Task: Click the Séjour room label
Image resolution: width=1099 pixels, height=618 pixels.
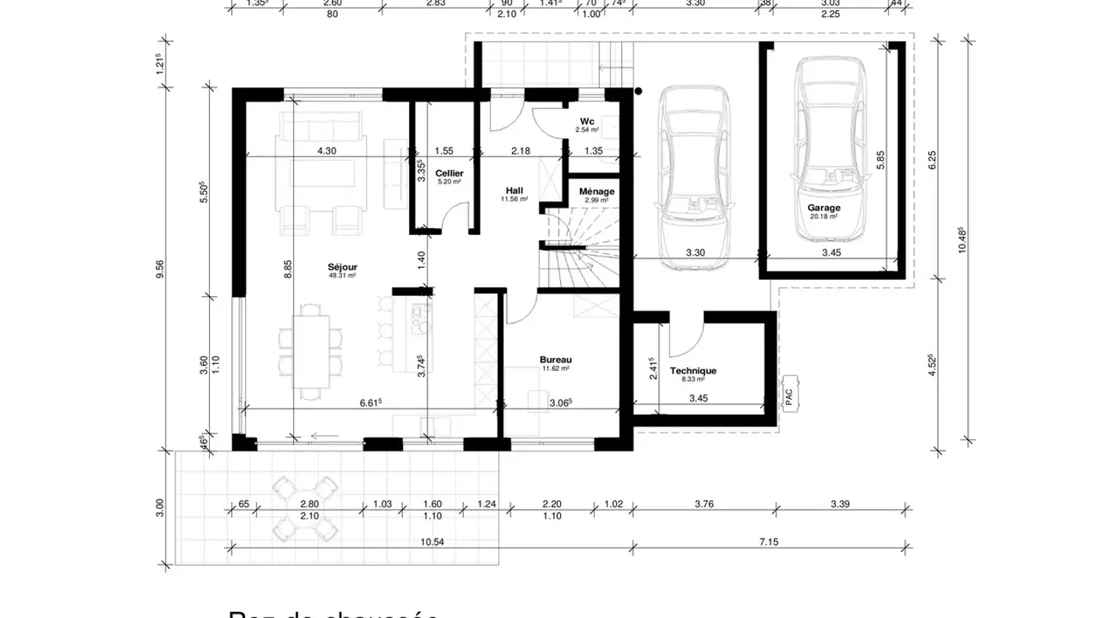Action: [x=343, y=267]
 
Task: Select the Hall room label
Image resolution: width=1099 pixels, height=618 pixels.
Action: [x=514, y=190]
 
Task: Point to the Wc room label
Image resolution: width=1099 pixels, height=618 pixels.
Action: [x=587, y=121]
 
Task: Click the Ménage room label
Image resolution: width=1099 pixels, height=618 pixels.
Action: [x=597, y=192]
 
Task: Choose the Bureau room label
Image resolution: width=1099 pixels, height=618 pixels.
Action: [x=556, y=359]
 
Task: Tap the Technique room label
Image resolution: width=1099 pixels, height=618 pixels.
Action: [x=693, y=372]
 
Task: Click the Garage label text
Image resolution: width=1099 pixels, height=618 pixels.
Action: [x=823, y=208]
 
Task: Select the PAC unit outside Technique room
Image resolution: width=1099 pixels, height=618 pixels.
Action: [x=790, y=393]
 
